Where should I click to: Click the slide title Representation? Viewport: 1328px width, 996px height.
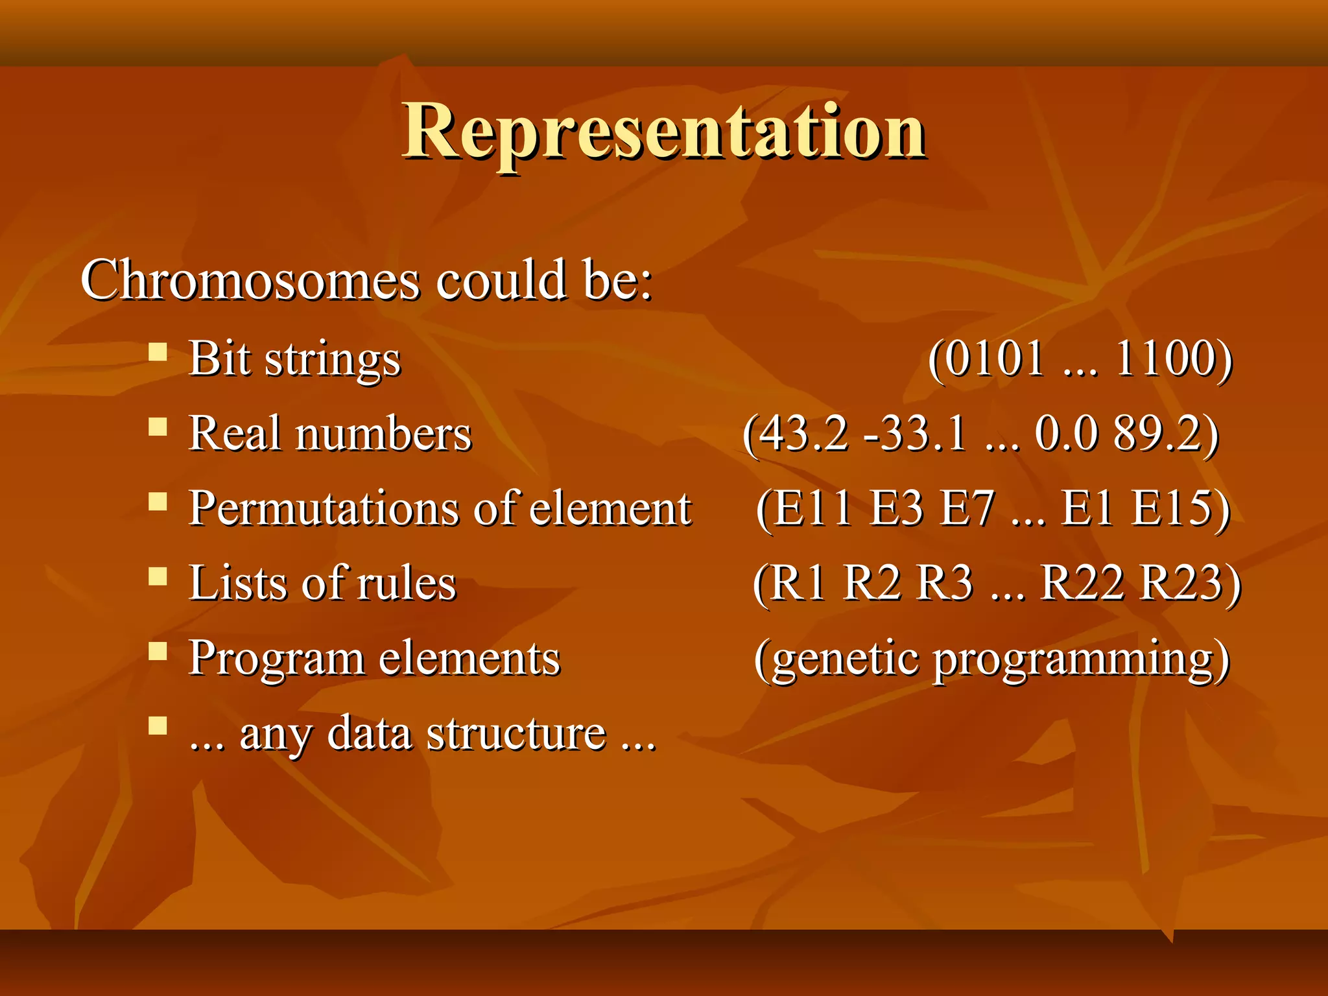click(664, 133)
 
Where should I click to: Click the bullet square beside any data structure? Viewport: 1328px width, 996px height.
click(158, 725)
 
